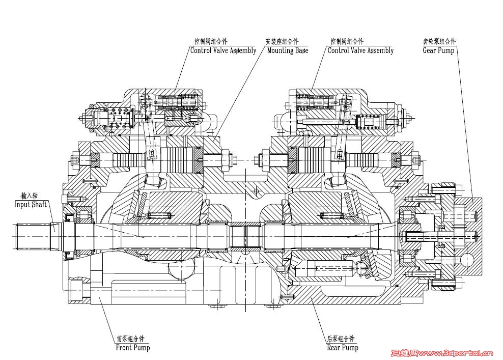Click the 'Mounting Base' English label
click(x=287, y=50)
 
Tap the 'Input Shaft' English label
click(x=31, y=204)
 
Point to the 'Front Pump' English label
click(x=133, y=348)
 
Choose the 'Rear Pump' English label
click(x=343, y=348)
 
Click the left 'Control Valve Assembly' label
click(x=223, y=50)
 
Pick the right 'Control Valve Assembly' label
click(x=360, y=50)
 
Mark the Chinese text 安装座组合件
click(x=282, y=42)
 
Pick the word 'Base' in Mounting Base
click(x=301, y=50)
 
